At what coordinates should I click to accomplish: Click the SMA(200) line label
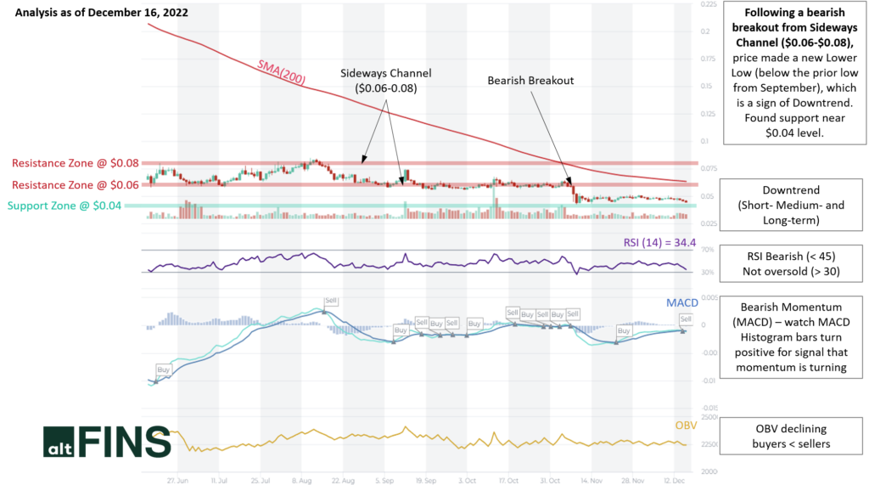coord(281,73)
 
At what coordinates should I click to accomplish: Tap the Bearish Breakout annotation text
coord(530,81)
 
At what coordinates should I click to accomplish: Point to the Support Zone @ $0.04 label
coord(65,206)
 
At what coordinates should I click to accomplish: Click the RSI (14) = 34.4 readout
coord(659,243)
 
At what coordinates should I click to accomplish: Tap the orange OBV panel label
coord(685,425)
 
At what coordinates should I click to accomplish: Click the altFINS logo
coord(106,442)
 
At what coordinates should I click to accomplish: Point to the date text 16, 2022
coord(166,13)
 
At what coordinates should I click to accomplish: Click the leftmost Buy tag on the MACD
coord(163,369)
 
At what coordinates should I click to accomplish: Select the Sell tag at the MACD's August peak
coord(331,301)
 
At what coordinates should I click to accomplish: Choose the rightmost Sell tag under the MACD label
coord(686,319)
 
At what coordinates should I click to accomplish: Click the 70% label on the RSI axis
coord(706,250)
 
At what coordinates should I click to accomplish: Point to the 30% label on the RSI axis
coord(706,273)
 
